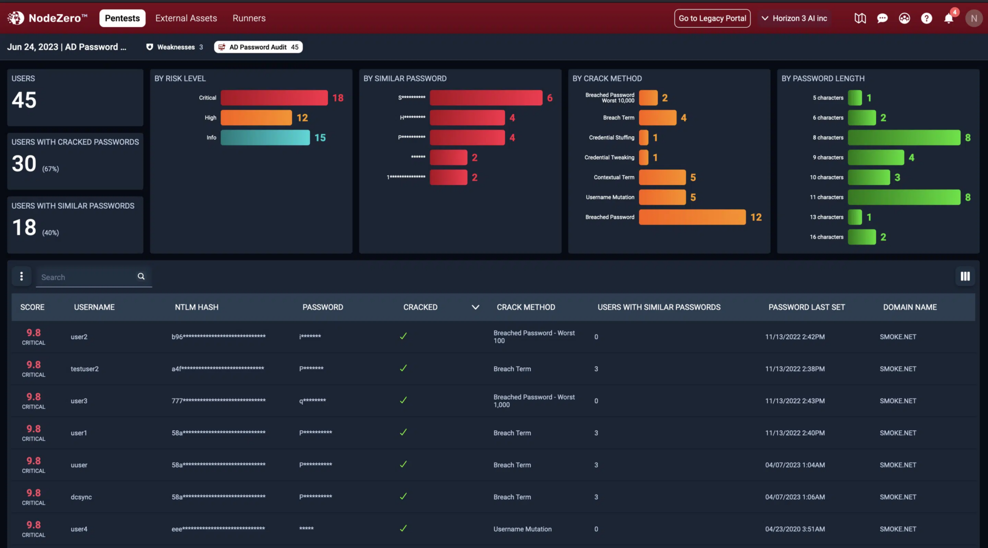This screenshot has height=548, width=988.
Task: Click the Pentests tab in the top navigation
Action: tap(122, 18)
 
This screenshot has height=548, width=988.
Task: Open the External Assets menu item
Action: tap(186, 18)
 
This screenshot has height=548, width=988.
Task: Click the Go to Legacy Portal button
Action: tap(712, 18)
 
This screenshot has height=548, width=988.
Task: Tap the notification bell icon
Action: tap(948, 19)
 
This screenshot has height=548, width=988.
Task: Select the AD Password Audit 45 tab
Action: tap(259, 47)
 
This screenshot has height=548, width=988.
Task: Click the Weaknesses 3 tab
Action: tap(175, 47)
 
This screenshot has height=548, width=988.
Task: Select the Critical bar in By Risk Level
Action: tap(274, 98)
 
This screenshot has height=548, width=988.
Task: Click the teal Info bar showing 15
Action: tap(265, 137)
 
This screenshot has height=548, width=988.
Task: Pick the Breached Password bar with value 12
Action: tap(692, 217)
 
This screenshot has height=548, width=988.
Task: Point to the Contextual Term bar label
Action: tap(614, 178)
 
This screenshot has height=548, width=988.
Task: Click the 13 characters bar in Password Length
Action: tap(855, 217)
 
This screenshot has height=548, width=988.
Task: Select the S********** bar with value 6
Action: tap(486, 98)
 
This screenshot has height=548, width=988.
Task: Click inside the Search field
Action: tap(87, 277)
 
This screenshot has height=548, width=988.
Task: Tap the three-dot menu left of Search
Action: tap(21, 276)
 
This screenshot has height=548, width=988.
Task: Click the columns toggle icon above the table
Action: tap(965, 276)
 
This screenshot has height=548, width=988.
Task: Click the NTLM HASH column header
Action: tap(196, 307)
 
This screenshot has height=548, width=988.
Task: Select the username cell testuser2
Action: tap(84, 369)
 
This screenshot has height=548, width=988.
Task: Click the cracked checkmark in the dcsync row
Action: tap(403, 496)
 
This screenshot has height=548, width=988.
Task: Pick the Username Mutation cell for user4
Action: tap(522, 529)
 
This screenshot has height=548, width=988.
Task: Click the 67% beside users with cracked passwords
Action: tap(50, 169)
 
